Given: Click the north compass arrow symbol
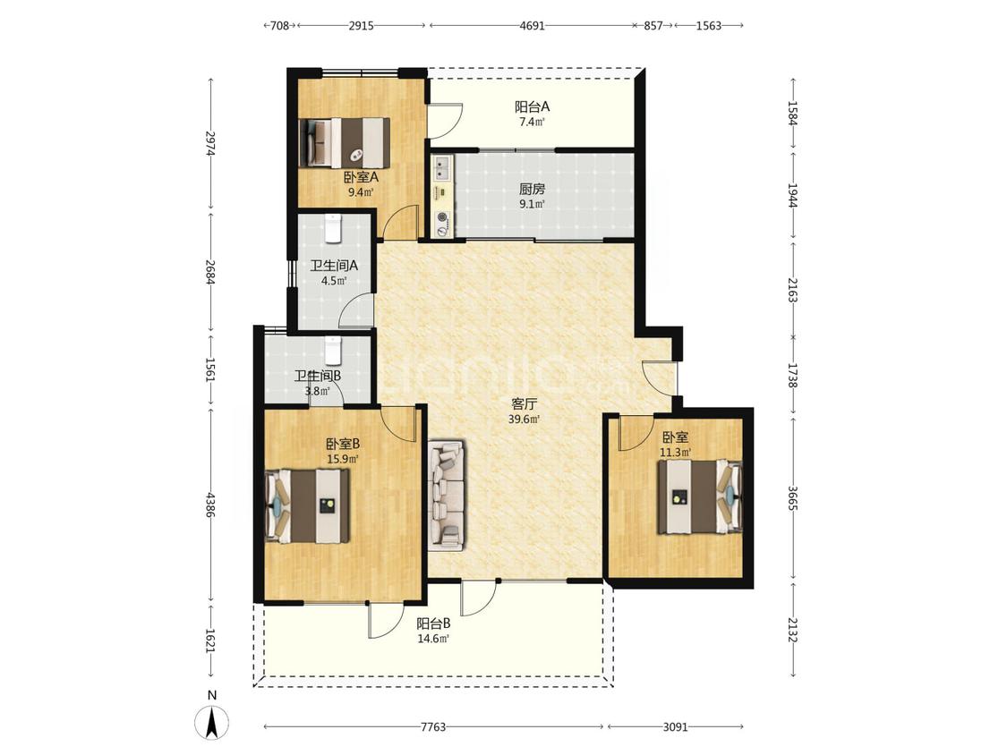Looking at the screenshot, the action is pyautogui.click(x=212, y=722).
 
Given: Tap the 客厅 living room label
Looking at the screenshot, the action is pyautogui.click(x=524, y=404).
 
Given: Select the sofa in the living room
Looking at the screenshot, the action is pyautogui.click(x=447, y=495).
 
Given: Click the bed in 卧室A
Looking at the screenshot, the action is pyautogui.click(x=346, y=142).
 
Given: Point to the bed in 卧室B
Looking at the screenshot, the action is pyautogui.click(x=308, y=506).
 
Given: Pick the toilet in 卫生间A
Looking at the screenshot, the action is pyautogui.click(x=332, y=229).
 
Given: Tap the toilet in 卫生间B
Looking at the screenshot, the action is pyautogui.click(x=332, y=351).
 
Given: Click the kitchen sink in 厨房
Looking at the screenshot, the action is pyautogui.click(x=442, y=168).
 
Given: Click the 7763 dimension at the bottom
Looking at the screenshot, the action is pyautogui.click(x=433, y=727).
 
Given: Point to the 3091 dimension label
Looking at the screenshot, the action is pyautogui.click(x=675, y=727).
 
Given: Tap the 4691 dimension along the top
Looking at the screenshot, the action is pyautogui.click(x=532, y=26).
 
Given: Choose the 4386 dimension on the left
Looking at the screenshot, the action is pyautogui.click(x=210, y=505).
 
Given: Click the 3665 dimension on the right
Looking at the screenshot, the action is pyautogui.click(x=793, y=497).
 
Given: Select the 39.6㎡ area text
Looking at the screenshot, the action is pyautogui.click(x=524, y=420).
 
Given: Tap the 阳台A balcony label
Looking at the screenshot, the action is pyautogui.click(x=532, y=106).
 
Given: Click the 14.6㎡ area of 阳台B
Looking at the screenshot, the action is pyautogui.click(x=433, y=639).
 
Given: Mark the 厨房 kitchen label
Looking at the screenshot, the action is pyautogui.click(x=532, y=190).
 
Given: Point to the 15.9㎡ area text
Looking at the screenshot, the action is pyautogui.click(x=342, y=459).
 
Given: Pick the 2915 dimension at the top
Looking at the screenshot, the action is pyautogui.click(x=361, y=26).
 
